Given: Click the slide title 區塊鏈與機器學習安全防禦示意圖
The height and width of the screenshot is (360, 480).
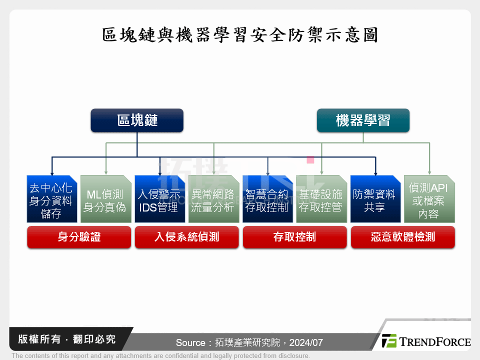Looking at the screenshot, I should point(239,35).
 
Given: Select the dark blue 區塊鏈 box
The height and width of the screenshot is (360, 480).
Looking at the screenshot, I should point(137,120).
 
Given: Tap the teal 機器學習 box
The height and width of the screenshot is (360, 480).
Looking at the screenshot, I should point(363,120).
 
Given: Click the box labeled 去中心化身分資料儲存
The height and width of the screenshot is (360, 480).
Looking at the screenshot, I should point(51,199).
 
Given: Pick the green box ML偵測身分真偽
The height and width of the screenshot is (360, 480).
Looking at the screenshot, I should point(105,199).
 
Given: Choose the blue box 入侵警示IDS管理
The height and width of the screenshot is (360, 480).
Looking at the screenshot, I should point(159,199).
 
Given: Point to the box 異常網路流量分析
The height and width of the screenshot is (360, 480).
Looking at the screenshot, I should point(213,199).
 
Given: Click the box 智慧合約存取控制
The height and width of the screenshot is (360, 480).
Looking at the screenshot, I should point(267,199).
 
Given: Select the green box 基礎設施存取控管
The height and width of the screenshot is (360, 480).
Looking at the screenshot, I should point(321,199).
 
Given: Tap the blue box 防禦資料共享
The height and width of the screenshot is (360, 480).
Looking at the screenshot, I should point(375,199).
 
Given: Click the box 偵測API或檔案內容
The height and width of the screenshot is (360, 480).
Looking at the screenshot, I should point(429,199).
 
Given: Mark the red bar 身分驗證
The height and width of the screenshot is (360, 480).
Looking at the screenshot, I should point(78,237).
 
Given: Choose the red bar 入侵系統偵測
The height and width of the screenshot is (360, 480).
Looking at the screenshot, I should point(186,237).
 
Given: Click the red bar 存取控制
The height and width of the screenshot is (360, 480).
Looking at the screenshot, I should point(294,237).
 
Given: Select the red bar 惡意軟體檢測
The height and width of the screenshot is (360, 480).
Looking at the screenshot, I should point(402,237).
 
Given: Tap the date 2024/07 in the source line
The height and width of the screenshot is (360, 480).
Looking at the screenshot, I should point(305,343).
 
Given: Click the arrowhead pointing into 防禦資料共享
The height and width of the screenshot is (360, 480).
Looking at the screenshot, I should point(375,172).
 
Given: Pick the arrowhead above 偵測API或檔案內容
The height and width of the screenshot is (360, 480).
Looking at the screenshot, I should point(429,172).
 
